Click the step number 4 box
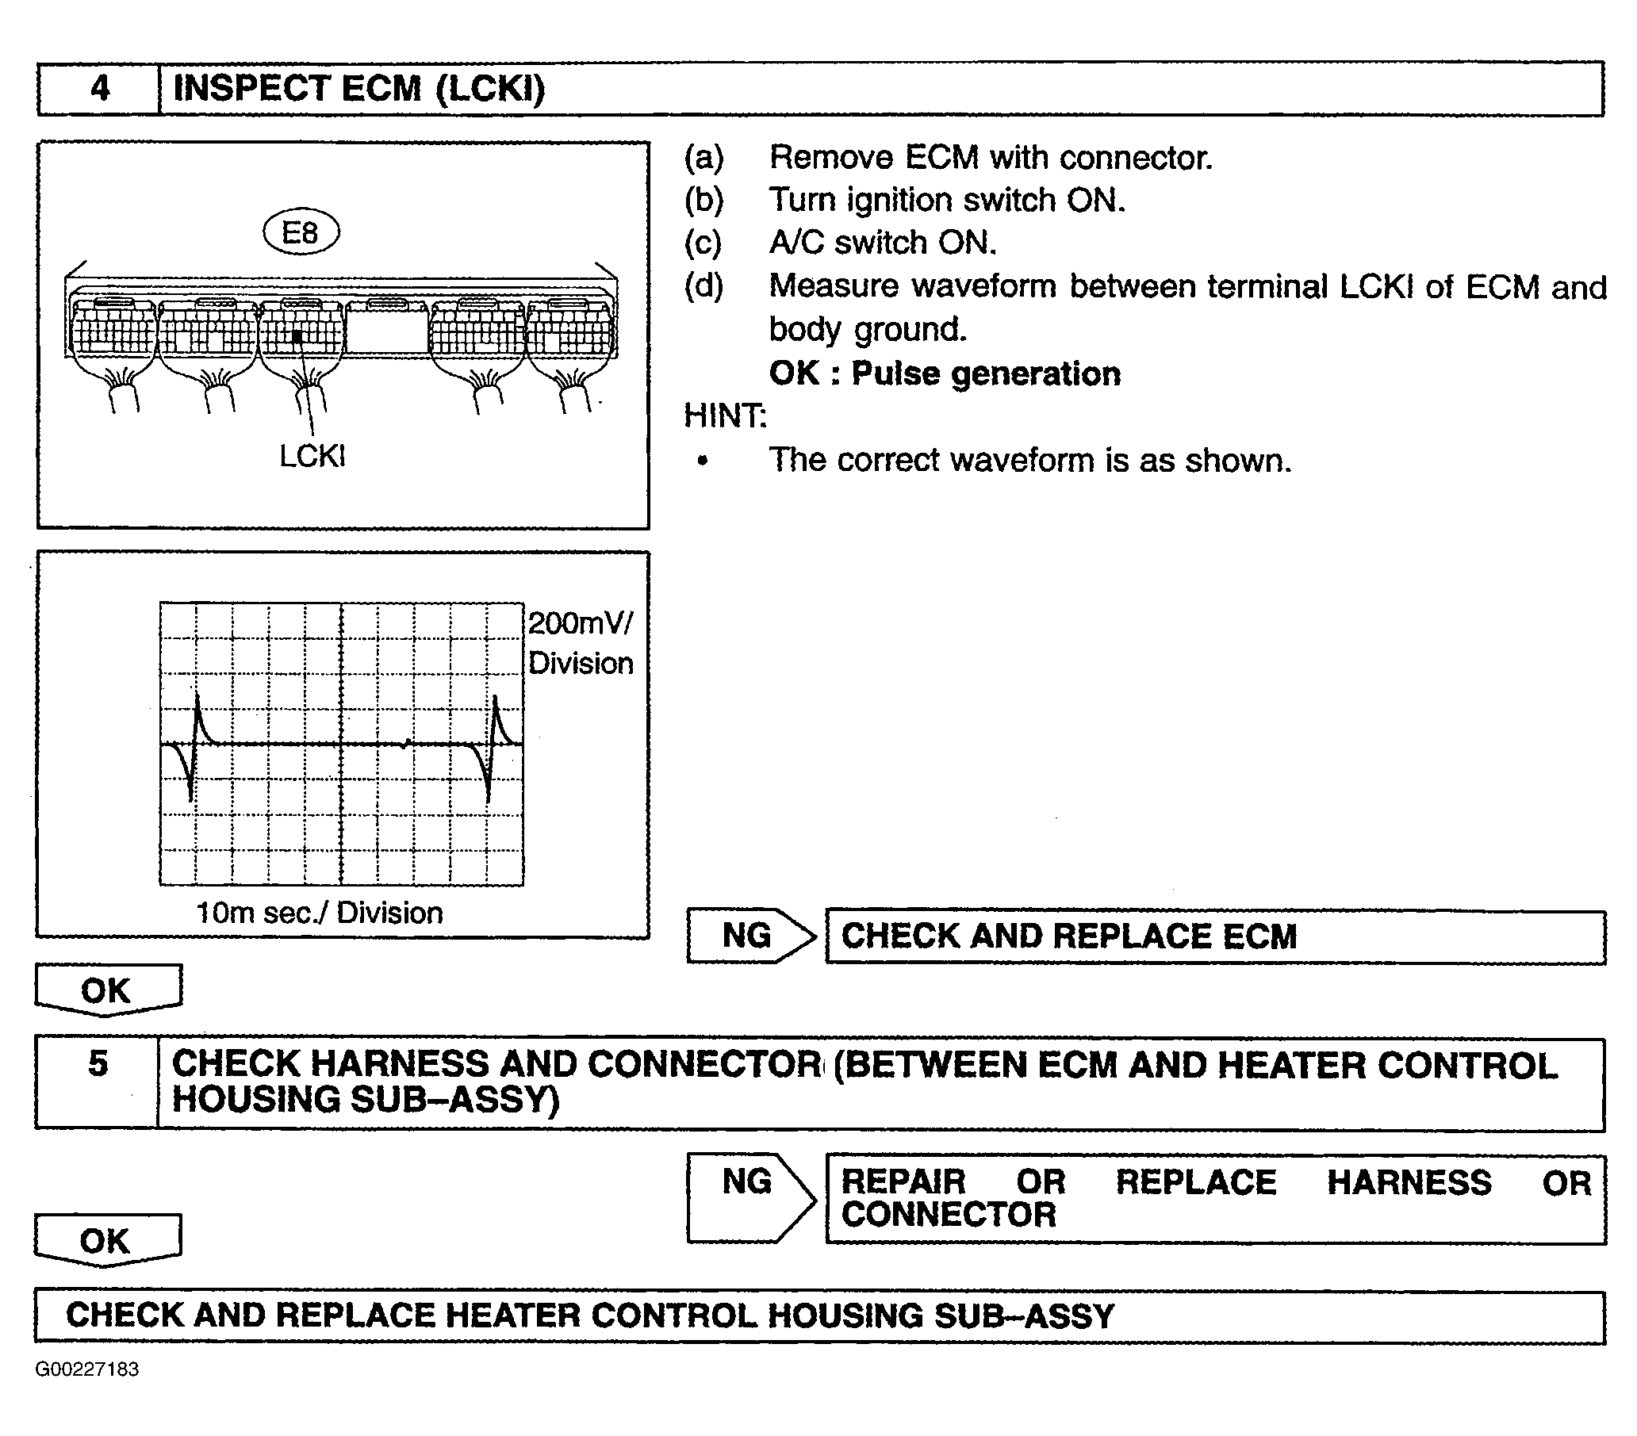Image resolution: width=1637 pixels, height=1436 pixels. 99,88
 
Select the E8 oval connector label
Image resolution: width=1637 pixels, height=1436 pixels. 301,233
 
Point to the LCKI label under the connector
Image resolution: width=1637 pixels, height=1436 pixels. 312,457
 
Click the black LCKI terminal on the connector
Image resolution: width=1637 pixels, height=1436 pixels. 297,336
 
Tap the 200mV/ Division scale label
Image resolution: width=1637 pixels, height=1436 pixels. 581,643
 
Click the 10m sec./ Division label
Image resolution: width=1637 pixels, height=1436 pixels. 320,913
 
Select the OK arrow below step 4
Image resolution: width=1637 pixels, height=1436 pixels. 107,990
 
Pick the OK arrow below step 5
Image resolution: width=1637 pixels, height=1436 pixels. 106,1241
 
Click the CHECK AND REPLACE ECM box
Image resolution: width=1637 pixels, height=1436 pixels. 1214,937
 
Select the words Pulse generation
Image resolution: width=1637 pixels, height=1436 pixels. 985,374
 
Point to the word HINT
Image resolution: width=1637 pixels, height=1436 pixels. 725,416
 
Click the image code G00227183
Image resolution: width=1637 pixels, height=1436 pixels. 87,1369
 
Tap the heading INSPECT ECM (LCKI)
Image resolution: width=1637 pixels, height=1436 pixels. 358,88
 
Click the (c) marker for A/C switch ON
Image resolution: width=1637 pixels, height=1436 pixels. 703,243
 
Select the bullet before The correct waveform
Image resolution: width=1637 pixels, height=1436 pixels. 703,461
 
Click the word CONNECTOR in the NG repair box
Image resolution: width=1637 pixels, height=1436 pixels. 949,1216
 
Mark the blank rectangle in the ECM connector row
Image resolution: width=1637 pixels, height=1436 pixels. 388,327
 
